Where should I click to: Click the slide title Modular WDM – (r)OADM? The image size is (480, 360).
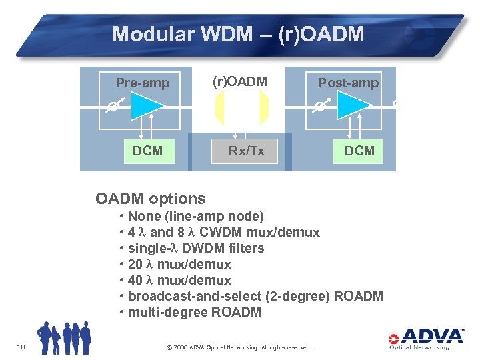pyautogui.click(x=238, y=34)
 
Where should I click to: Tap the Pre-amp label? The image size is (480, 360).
pyautogui.click(x=143, y=83)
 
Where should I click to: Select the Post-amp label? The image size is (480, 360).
pyautogui.click(x=348, y=83)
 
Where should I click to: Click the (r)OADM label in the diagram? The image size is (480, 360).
pyautogui.click(x=239, y=81)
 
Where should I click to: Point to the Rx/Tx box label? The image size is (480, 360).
pyautogui.click(x=246, y=151)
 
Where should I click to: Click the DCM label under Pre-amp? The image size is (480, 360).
pyautogui.click(x=147, y=151)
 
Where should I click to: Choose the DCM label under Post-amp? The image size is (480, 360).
pyautogui.click(x=359, y=151)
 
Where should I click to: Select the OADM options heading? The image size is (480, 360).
pyautogui.click(x=151, y=199)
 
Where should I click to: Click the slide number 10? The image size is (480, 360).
pyautogui.click(x=21, y=345)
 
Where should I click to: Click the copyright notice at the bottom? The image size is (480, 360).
pyautogui.click(x=238, y=347)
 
